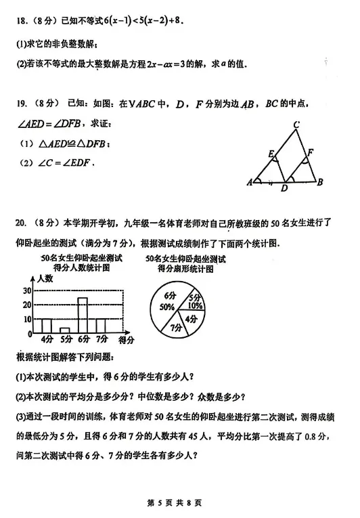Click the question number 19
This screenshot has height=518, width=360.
click(x=23, y=104)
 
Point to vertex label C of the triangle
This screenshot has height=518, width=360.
click(x=296, y=125)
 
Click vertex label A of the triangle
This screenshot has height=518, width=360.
click(x=250, y=182)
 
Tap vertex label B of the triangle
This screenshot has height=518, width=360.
click(x=319, y=181)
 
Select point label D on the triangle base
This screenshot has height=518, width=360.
click(x=284, y=189)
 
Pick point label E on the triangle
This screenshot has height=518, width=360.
click(x=271, y=155)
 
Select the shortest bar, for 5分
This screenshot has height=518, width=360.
click(x=64, y=330)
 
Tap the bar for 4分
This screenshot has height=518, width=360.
click(x=46, y=326)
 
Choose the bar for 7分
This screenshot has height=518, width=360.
click(x=101, y=326)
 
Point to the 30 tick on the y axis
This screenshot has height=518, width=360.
click(x=26, y=290)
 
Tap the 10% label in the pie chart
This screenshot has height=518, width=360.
click(x=195, y=306)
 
